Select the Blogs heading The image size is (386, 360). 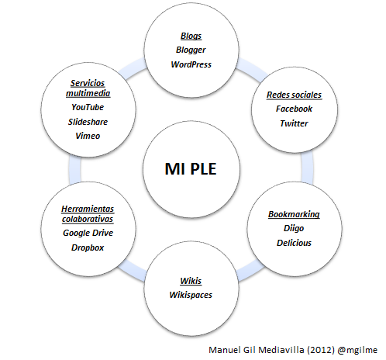[x=191, y=36]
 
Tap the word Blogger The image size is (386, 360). [x=191, y=50]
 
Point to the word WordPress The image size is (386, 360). [x=191, y=64]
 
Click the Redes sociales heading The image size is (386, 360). [x=294, y=95]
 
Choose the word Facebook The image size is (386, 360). [x=294, y=109]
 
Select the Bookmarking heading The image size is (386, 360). [x=294, y=214]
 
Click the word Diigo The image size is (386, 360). [x=294, y=228]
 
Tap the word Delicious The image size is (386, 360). [x=294, y=242]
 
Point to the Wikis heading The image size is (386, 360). [x=191, y=280]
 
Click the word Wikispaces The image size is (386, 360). [x=191, y=294]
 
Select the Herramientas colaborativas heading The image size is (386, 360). [x=88, y=213]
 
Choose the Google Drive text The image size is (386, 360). [x=88, y=234]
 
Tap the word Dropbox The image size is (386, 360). [x=88, y=247]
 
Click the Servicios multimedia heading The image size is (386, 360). [x=88, y=88]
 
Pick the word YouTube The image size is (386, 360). [x=88, y=107]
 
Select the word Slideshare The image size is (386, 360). [x=88, y=121]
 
